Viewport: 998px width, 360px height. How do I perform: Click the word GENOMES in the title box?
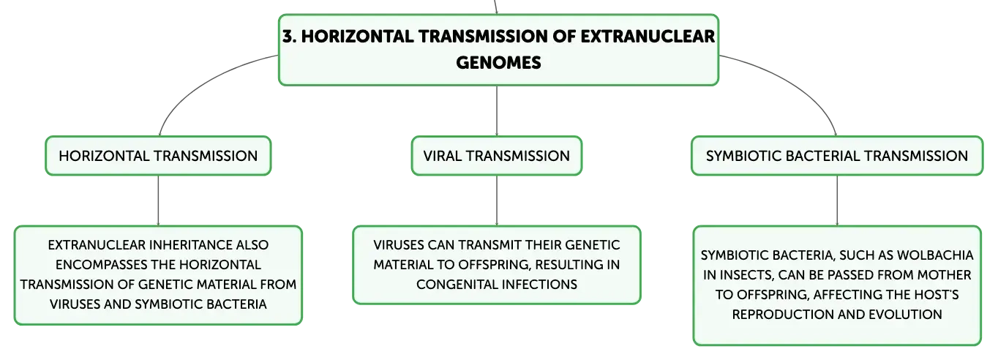(x=498, y=62)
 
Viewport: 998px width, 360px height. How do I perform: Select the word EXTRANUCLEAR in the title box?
(x=648, y=36)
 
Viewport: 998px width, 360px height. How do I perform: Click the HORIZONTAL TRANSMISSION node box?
(x=158, y=156)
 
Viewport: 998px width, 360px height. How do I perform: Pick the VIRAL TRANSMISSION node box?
(x=496, y=156)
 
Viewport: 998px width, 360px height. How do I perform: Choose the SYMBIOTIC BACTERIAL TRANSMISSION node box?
(x=837, y=156)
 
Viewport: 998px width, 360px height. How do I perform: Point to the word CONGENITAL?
(x=451, y=284)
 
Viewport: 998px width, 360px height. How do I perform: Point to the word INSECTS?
(x=745, y=275)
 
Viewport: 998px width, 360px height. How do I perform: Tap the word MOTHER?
(x=944, y=275)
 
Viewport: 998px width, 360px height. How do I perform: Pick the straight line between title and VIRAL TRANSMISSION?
(x=497, y=111)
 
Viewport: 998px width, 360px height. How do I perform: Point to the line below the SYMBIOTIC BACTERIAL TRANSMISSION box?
(x=837, y=200)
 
